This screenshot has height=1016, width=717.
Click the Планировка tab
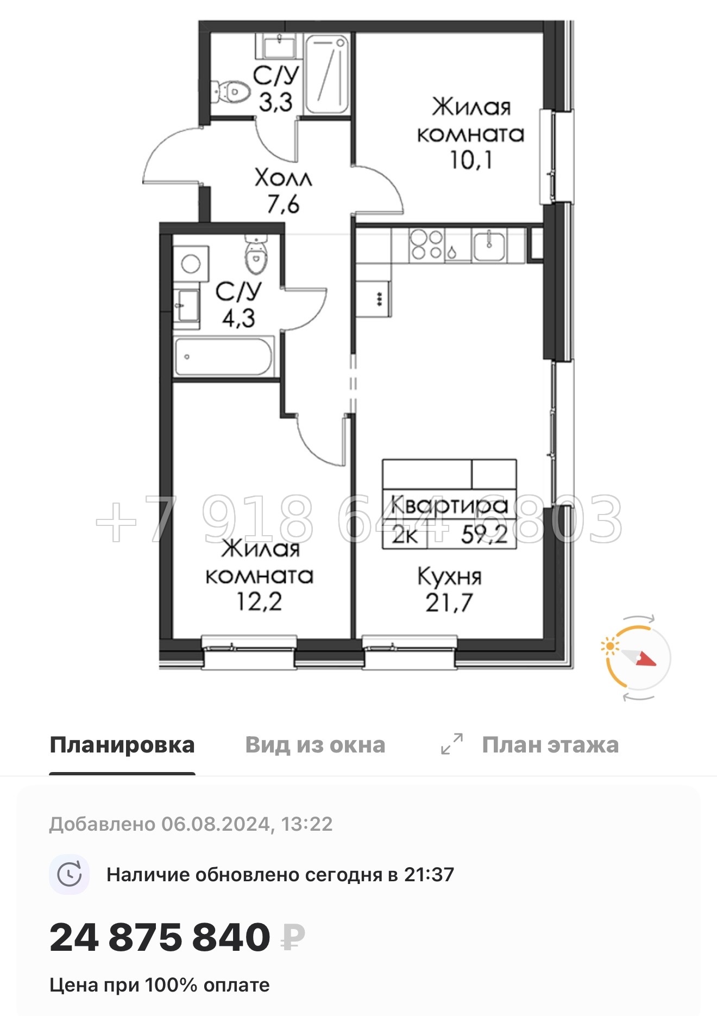[122, 745]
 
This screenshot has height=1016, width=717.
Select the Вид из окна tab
[315, 745]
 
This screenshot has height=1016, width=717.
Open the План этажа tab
[550, 745]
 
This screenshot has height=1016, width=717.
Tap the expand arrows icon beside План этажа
[452, 744]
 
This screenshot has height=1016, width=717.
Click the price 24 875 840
[160, 938]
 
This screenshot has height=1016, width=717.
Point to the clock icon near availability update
[69, 875]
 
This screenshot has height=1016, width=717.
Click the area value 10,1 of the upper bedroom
[471, 160]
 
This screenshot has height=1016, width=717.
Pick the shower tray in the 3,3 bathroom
[326, 74]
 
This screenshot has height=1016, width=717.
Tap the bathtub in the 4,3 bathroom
[223, 356]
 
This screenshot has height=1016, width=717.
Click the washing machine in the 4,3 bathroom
[191, 264]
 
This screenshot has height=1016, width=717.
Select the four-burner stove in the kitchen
[426, 245]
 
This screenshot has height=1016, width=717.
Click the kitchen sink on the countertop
[489, 245]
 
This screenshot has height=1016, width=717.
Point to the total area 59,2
[484, 536]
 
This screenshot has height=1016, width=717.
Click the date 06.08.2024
[216, 824]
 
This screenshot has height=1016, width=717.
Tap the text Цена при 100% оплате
[159, 985]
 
